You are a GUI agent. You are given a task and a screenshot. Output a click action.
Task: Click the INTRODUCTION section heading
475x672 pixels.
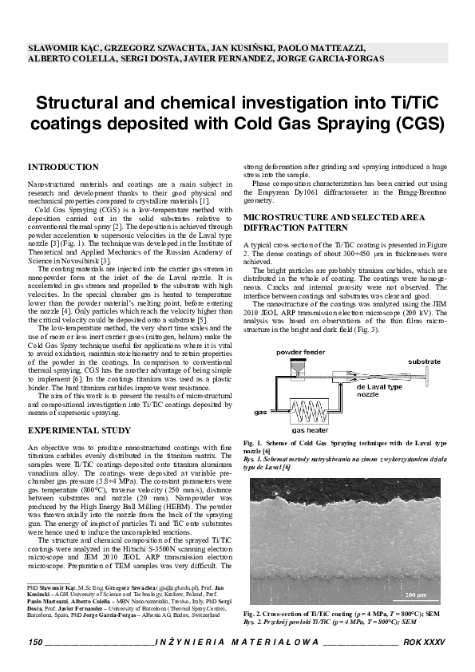pos(63,168)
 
